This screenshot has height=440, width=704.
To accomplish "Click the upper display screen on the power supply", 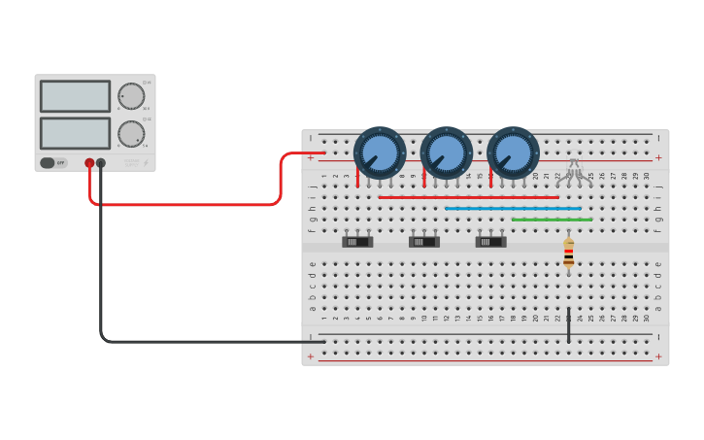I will [x=75, y=96].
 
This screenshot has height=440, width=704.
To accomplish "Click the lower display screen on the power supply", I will [x=75, y=133].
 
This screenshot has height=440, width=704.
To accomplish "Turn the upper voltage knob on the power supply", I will [x=131, y=96].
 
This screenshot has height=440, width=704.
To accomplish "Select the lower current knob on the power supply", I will [x=131, y=133].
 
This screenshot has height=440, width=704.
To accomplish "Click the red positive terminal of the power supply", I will [x=89, y=163].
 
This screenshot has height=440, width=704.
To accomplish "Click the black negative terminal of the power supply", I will [x=101, y=163].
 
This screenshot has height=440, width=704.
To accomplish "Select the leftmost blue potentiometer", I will [x=380, y=152].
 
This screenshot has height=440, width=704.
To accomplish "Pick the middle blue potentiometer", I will [x=447, y=152].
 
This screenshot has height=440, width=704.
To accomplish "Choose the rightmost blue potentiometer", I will [x=513, y=152].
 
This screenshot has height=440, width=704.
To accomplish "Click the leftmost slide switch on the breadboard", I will [x=357, y=242].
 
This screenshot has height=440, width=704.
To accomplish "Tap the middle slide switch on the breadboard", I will [x=424, y=242].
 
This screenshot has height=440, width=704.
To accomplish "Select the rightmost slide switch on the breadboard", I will [x=490, y=242].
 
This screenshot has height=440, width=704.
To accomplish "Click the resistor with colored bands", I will [x=568, y=254].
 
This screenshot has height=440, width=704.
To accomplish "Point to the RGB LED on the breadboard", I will [x=574, y=169].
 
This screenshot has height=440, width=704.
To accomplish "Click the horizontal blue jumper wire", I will [x=513, y=208].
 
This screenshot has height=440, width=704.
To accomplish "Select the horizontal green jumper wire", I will [x=552, y=220].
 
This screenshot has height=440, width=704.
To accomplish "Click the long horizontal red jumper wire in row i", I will [x=468, y=197].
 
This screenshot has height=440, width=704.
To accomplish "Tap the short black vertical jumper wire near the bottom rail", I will [x=569, y=325].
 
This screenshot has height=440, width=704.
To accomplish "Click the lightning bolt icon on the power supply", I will [x=146, y=163].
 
